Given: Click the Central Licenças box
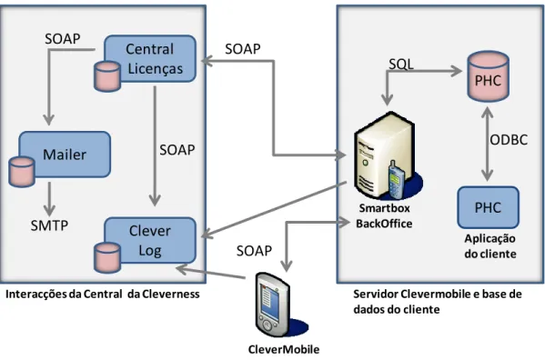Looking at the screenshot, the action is pyautogui.click(x=150, y=58).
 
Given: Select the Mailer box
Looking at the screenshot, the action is pyautogui.click(x=65, y=155).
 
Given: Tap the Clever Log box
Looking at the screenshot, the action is pyautogui.click(x=150, y=240).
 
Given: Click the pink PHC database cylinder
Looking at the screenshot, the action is pyautogui.click(x=488, y=76).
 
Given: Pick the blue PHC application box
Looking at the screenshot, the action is pyautogui.click(x=488, y=207).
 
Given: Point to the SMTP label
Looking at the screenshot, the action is pyautogui.click(x=49, y=225).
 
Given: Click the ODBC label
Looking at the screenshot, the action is pyautogui.click(x=509, y=140).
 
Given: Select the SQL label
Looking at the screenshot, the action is pyautogui.click(x=401, y=64).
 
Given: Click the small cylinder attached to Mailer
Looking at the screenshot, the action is pyautogui.click(x=22, y=172).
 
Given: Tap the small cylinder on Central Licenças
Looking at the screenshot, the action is pyautogui.click(x=107, y=76).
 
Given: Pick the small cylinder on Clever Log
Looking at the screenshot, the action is pyautogui.click(x=107, y=258).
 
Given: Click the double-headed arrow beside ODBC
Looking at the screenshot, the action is pyautogui.click(x=488, y=144).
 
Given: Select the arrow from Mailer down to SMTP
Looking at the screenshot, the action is pyautogui.click(x=49, y=198).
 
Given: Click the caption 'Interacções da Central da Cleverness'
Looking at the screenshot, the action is pyautogui.click(x=103, y=294).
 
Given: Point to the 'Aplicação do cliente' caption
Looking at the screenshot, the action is pyautogui.click(x=490, y=246).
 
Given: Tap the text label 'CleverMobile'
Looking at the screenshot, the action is pyautogui.click(x=284, y=349).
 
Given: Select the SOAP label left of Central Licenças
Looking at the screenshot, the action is pyautogui.click(x=63, y=38).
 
